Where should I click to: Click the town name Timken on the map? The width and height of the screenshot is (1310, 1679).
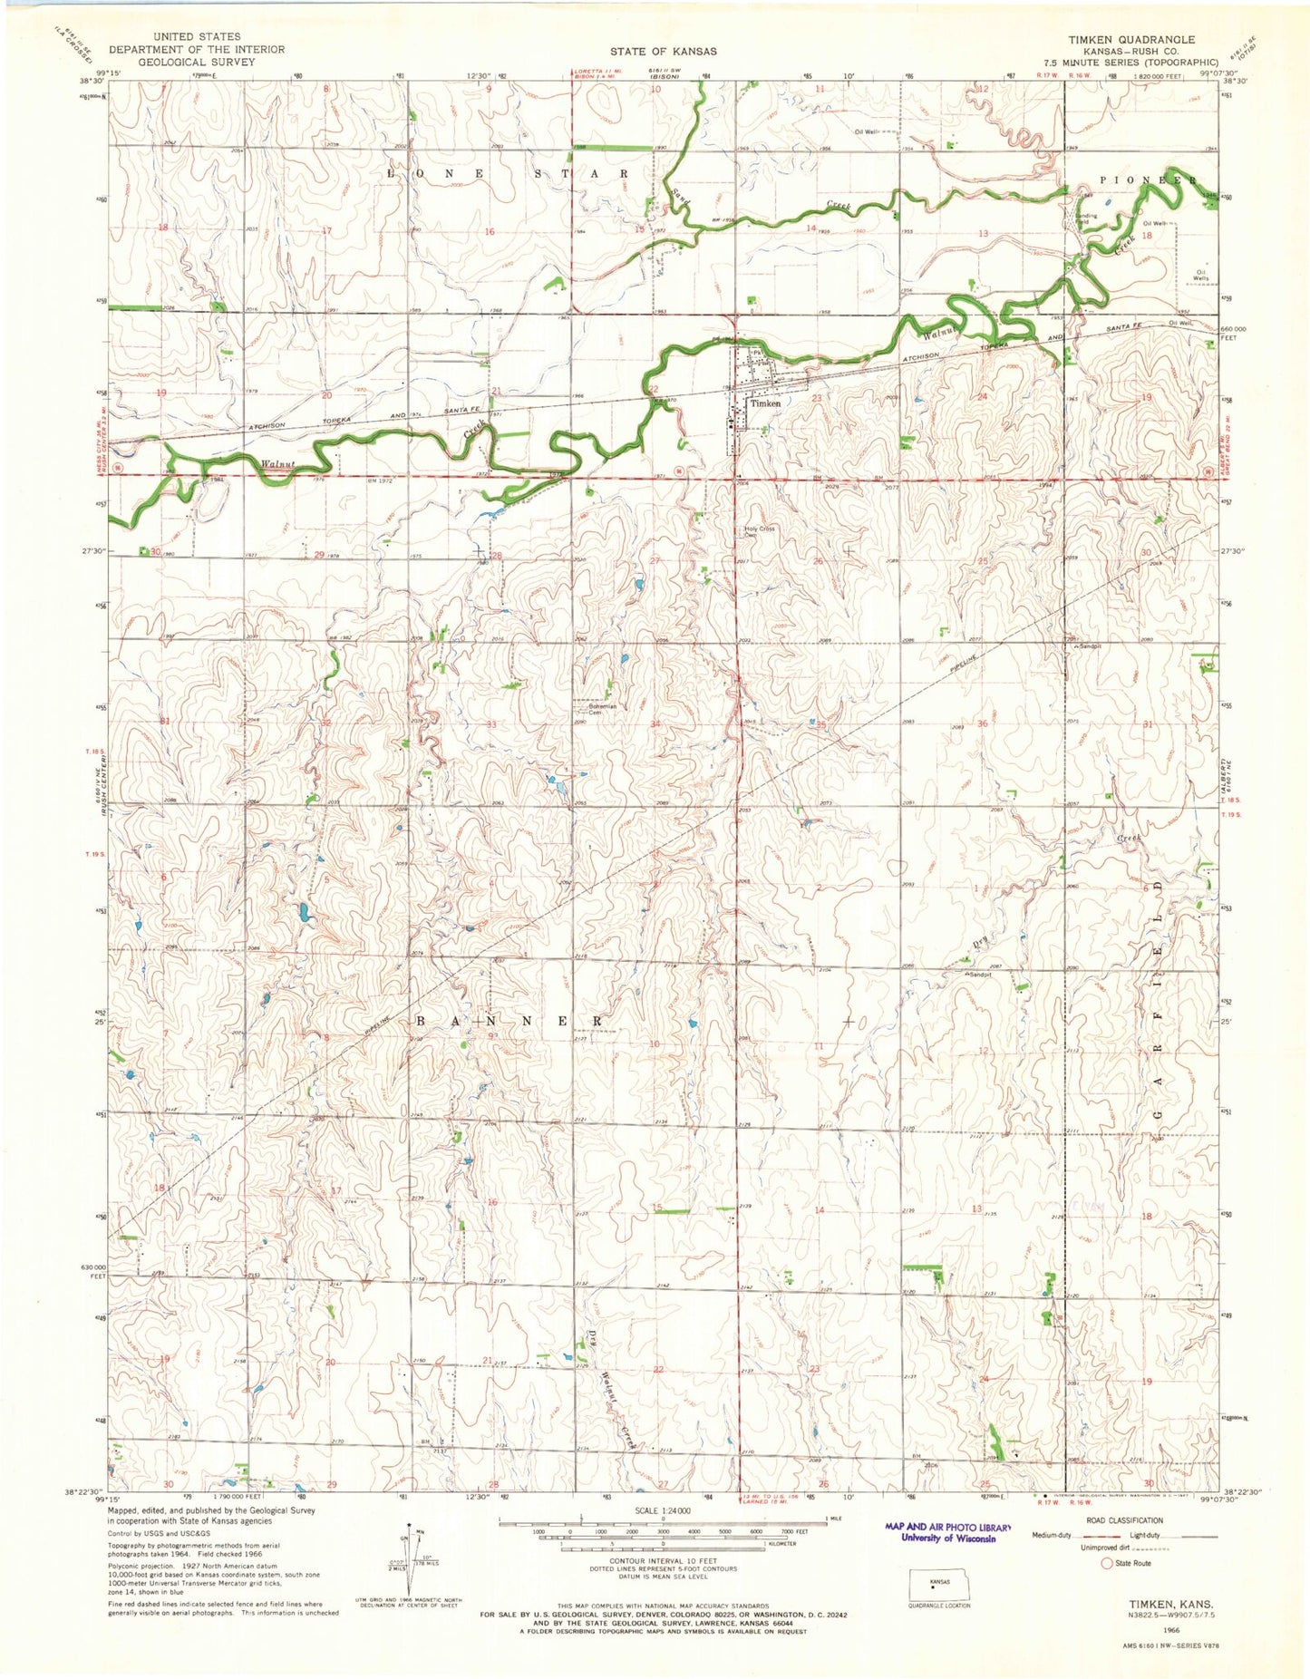[x=765, y=403]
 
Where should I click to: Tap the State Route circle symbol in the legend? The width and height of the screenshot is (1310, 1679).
[x=1106, y=1563]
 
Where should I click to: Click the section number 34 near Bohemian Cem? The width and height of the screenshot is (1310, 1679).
[x=655, y=723]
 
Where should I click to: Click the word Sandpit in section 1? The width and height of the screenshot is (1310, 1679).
[x=979, y=975]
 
